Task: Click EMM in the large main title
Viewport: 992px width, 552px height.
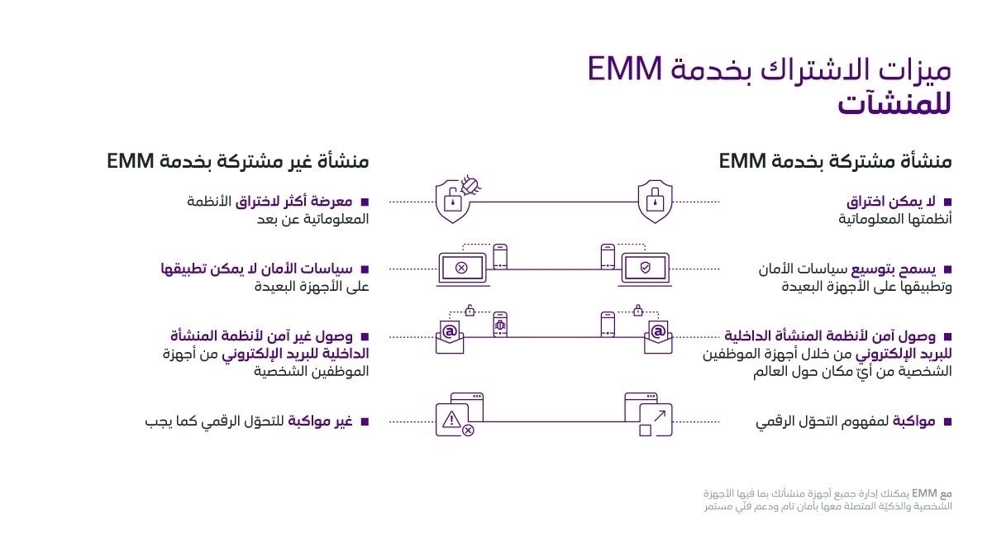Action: click(x=625, y=70)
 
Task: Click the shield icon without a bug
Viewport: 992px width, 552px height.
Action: click(x=655, y=201)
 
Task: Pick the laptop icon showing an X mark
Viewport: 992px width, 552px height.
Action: click(x=461, y=268)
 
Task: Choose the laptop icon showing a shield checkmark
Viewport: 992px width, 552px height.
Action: click(x=646, y=268)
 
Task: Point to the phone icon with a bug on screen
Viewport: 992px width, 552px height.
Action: click(x=500, y=327)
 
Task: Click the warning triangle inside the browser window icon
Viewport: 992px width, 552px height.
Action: click(x=451, y=419)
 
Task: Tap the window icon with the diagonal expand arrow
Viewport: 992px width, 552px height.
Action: click(x=651, y=414)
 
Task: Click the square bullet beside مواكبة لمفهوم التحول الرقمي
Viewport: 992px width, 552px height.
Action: click(x=947, y=421)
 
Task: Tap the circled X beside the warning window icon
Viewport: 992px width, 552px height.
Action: click(x=468, y=431)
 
